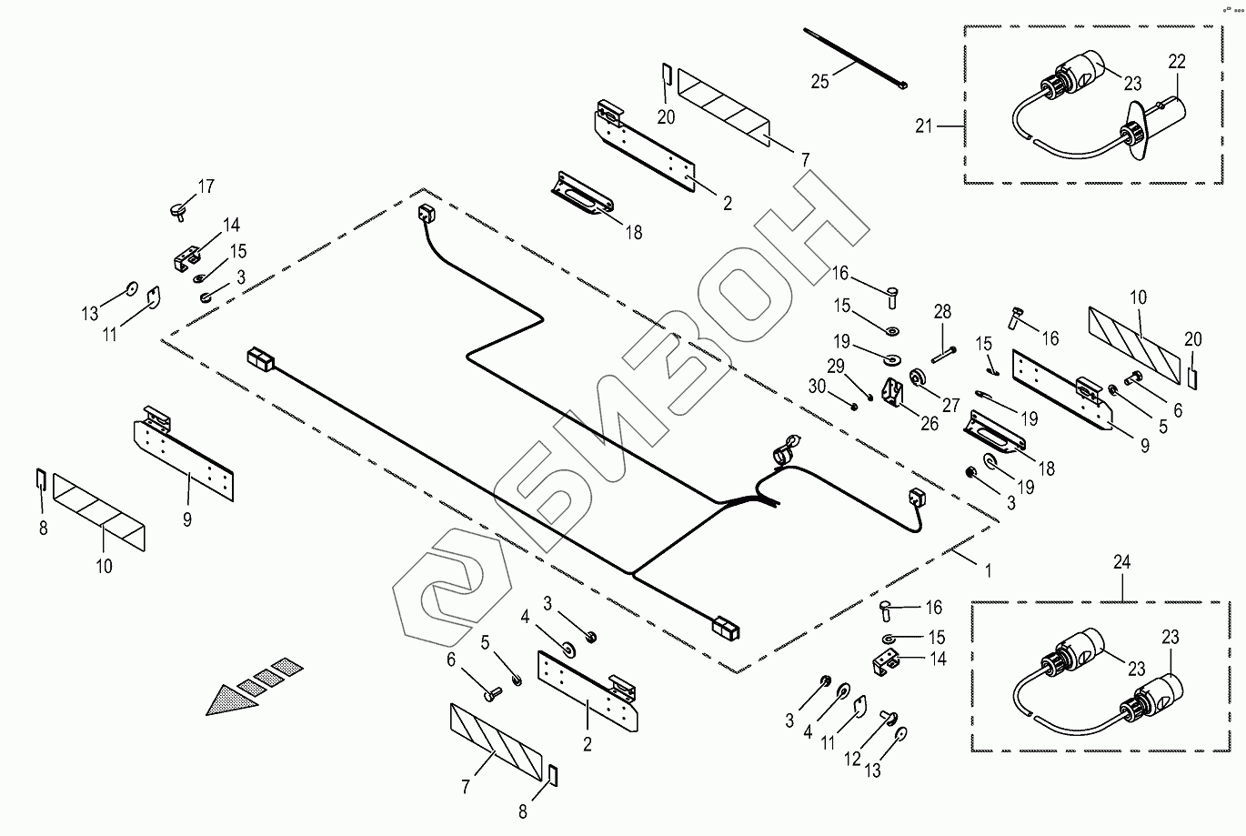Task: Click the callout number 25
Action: pos(819,82)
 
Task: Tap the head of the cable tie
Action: pos(902,86)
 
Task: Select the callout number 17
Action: pos(206,186)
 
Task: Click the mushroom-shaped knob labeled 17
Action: pos(179,211)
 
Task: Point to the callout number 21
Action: pos(923,126)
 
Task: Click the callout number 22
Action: pos(1177,61)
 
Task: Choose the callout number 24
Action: pos(1121,562)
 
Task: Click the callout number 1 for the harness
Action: pos(988,570)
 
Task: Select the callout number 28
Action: pos(942,311)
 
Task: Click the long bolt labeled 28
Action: pos(944,355)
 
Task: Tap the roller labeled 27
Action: pos(918,378)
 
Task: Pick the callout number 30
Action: pos(816,386)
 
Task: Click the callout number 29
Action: pos(836,366)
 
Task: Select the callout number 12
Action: pos(852,759)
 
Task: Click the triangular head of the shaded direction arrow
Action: pos(230,700)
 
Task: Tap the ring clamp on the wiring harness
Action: pos(786,449)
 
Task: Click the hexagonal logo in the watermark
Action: pos(452,588)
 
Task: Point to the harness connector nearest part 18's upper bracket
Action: pos(427,214)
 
